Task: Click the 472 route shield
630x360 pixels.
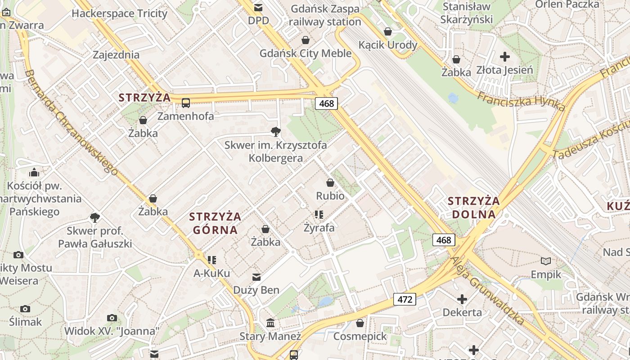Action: [x=405, y=299]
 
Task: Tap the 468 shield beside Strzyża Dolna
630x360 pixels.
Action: [x=443, y=240]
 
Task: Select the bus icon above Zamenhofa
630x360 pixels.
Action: [x=186, y=103]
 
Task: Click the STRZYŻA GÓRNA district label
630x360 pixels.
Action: [x=215, y=223]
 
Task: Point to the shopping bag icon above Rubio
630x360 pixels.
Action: [x=330, y=183]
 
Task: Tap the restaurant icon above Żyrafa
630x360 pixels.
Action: [x=319, y=215]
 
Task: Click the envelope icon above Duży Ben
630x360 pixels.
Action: [x=256, y=277]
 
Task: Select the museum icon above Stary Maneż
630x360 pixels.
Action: [x=270, y=323]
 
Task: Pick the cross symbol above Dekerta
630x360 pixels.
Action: [x=462, y=299]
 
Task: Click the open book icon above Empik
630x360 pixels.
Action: [x=546, y=261]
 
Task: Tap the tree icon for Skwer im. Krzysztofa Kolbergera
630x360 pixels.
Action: [x=276, y=131]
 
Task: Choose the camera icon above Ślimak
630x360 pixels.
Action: [x=25, y=309]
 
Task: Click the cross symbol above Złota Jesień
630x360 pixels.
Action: [x=505, y=57]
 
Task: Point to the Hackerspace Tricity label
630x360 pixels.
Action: [x=119, y=13]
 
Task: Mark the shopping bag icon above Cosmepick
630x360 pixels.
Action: [x=360, y=323]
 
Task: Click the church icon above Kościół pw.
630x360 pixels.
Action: [x=34, y=172]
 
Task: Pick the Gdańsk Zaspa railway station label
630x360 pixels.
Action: [x=325, y=15]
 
